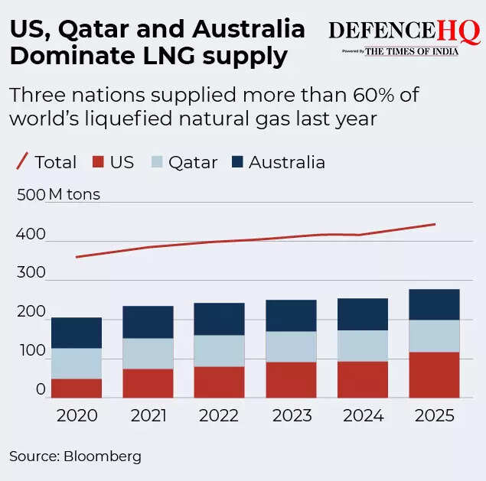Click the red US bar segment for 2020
click(x=77, y=388)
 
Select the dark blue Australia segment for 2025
click(x=434, y=304)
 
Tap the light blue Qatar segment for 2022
click(x=219, y=350)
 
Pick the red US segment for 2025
click(x=434, y=375)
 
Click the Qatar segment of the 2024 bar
click(x=363, y=346)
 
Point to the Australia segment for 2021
click(x=148, y=322)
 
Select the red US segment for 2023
click(x=292, y=379)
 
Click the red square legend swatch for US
click(x=97, y=162)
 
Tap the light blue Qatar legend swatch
click(x=157, y=162)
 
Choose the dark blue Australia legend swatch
click(x=236, y=162)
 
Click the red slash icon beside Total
click(x=22, y=161)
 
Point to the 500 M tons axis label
click(x=57, y=194)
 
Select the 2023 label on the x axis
click(x=292, y=416)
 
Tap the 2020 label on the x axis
click(x=77, y=416)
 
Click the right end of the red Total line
click(x=435, y=224)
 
